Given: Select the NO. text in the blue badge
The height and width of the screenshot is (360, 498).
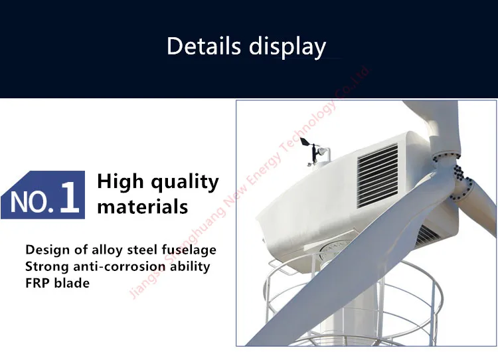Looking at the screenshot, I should coord(31,201).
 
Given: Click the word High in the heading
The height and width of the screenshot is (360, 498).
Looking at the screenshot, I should coord(122,182).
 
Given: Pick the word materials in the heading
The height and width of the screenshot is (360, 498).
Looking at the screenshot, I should coord(143,207).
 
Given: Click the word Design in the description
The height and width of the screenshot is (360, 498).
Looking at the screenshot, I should coord(44,250).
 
